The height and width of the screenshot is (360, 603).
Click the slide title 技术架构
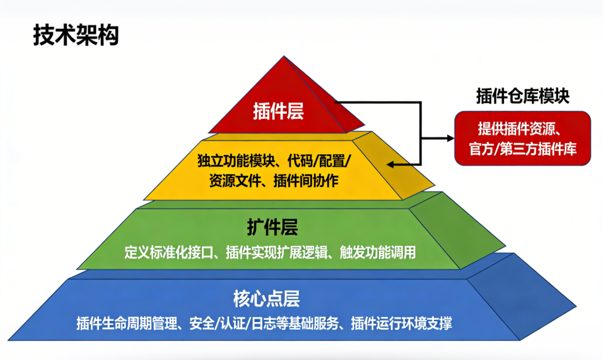[76, 36]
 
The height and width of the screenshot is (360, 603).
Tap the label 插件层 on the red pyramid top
[278, 111]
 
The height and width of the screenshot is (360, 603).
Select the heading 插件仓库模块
[523, 96]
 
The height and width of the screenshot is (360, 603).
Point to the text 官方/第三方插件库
[523, 149]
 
